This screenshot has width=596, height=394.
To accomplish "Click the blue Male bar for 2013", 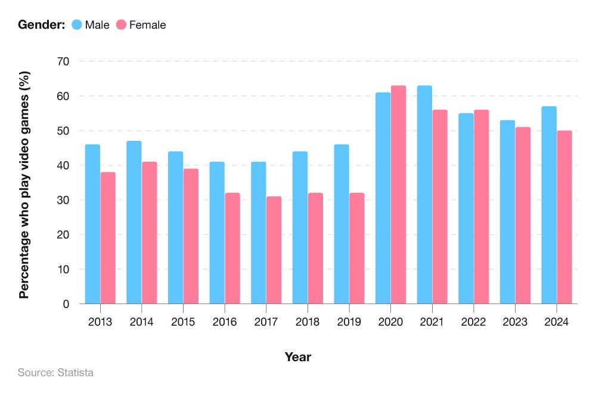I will tap(92, 224).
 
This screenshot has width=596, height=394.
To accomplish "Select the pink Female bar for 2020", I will tap(398, 195).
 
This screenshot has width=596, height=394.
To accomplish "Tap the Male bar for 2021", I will tap(424, 195).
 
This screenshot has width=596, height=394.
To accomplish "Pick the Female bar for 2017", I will tap(274, 250).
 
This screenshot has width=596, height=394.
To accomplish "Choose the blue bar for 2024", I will tap(549, 205).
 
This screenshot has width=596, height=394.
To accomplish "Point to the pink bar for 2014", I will tap(149, 233).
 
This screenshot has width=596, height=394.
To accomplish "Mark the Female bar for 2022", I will tap(481, 207).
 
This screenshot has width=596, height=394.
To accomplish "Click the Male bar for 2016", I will tap(217, 233).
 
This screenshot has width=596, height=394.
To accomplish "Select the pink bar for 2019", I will tap(356, 248).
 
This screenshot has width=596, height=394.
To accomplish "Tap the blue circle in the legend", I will tap(76, 24).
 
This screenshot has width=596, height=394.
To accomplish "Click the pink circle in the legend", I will tap(121, 24).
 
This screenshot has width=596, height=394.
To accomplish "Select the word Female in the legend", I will tap(147, 24).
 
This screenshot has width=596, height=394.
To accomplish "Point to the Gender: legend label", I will tap(41, 24).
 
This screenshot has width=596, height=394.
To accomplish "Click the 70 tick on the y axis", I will tap(63, 61).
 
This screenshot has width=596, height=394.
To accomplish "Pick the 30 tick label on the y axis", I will tap(63, 200).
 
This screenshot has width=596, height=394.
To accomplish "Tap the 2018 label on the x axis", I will tap(308, 322).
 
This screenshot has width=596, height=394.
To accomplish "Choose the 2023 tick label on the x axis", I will tap(515, 322).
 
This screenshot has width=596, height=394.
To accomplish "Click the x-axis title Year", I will tap(297, 357).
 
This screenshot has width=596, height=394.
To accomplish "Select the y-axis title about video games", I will tap(24, 185).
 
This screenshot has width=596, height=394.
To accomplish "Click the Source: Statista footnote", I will tap(55, 373).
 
